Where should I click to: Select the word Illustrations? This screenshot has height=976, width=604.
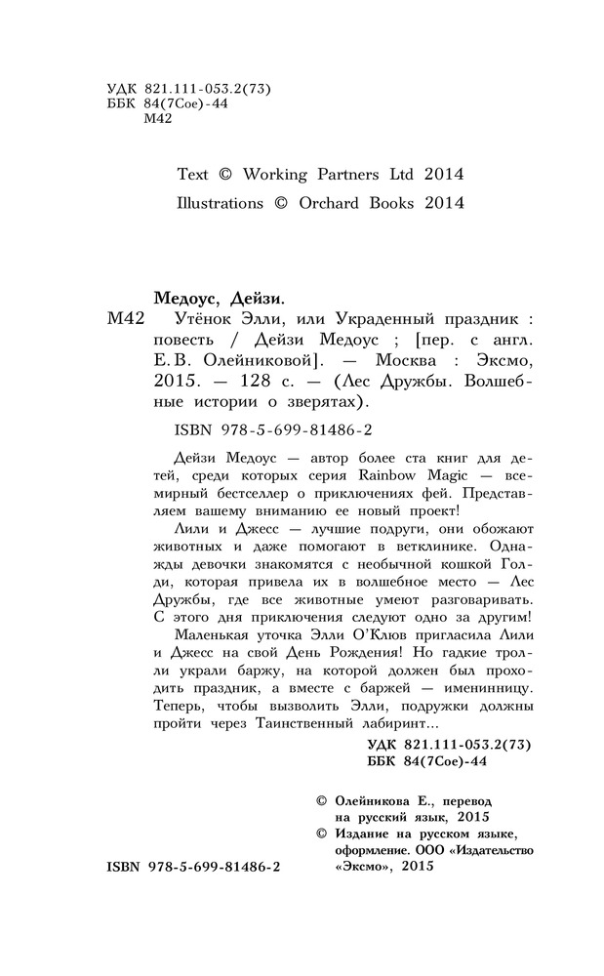coord(220,204)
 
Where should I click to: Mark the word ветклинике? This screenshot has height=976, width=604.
coord(394,548)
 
